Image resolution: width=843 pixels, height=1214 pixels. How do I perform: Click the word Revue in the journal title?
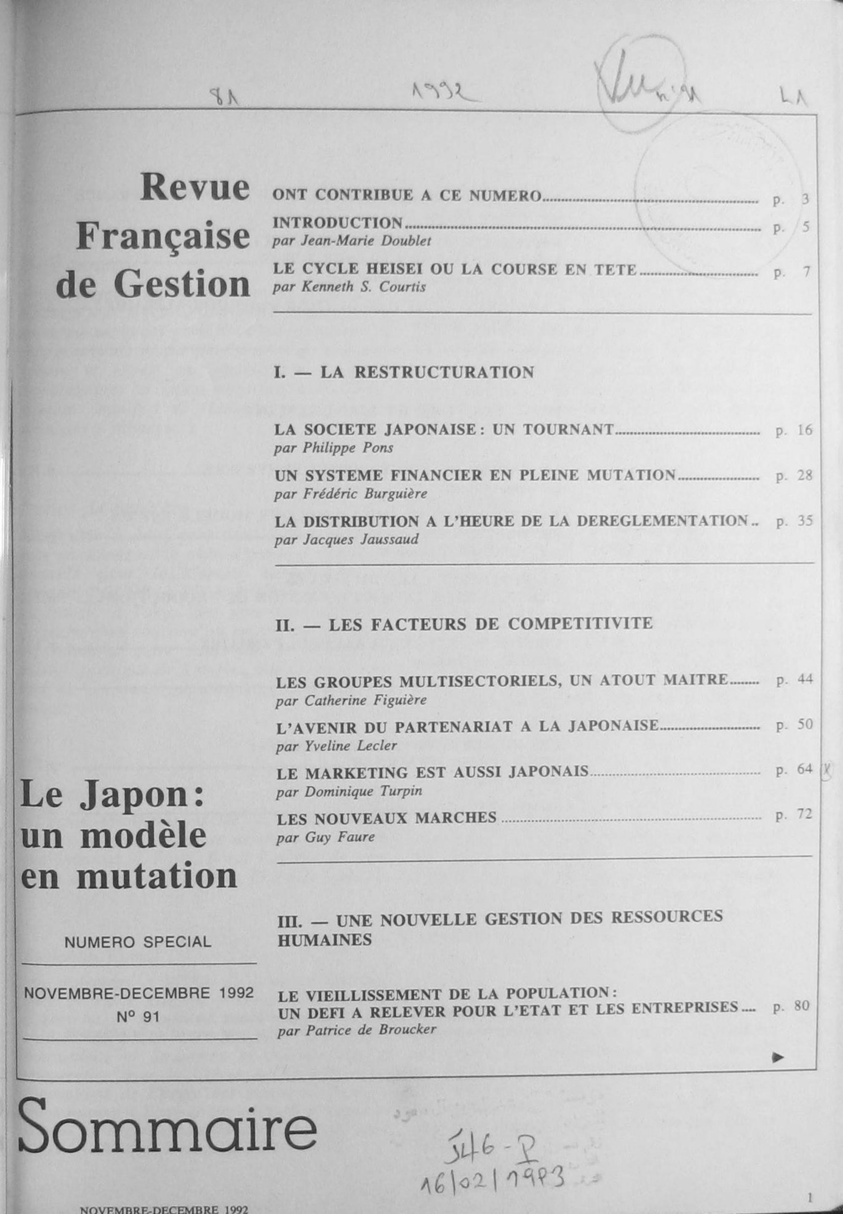tap(194, 188)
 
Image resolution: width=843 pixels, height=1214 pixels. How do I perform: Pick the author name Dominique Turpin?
tap(349, 791)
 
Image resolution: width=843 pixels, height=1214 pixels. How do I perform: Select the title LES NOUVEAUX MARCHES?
tap(387, 818)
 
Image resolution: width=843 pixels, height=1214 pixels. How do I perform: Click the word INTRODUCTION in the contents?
tap(337, 222)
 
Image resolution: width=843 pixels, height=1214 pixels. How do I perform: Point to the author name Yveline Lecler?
tap(336, 746)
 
